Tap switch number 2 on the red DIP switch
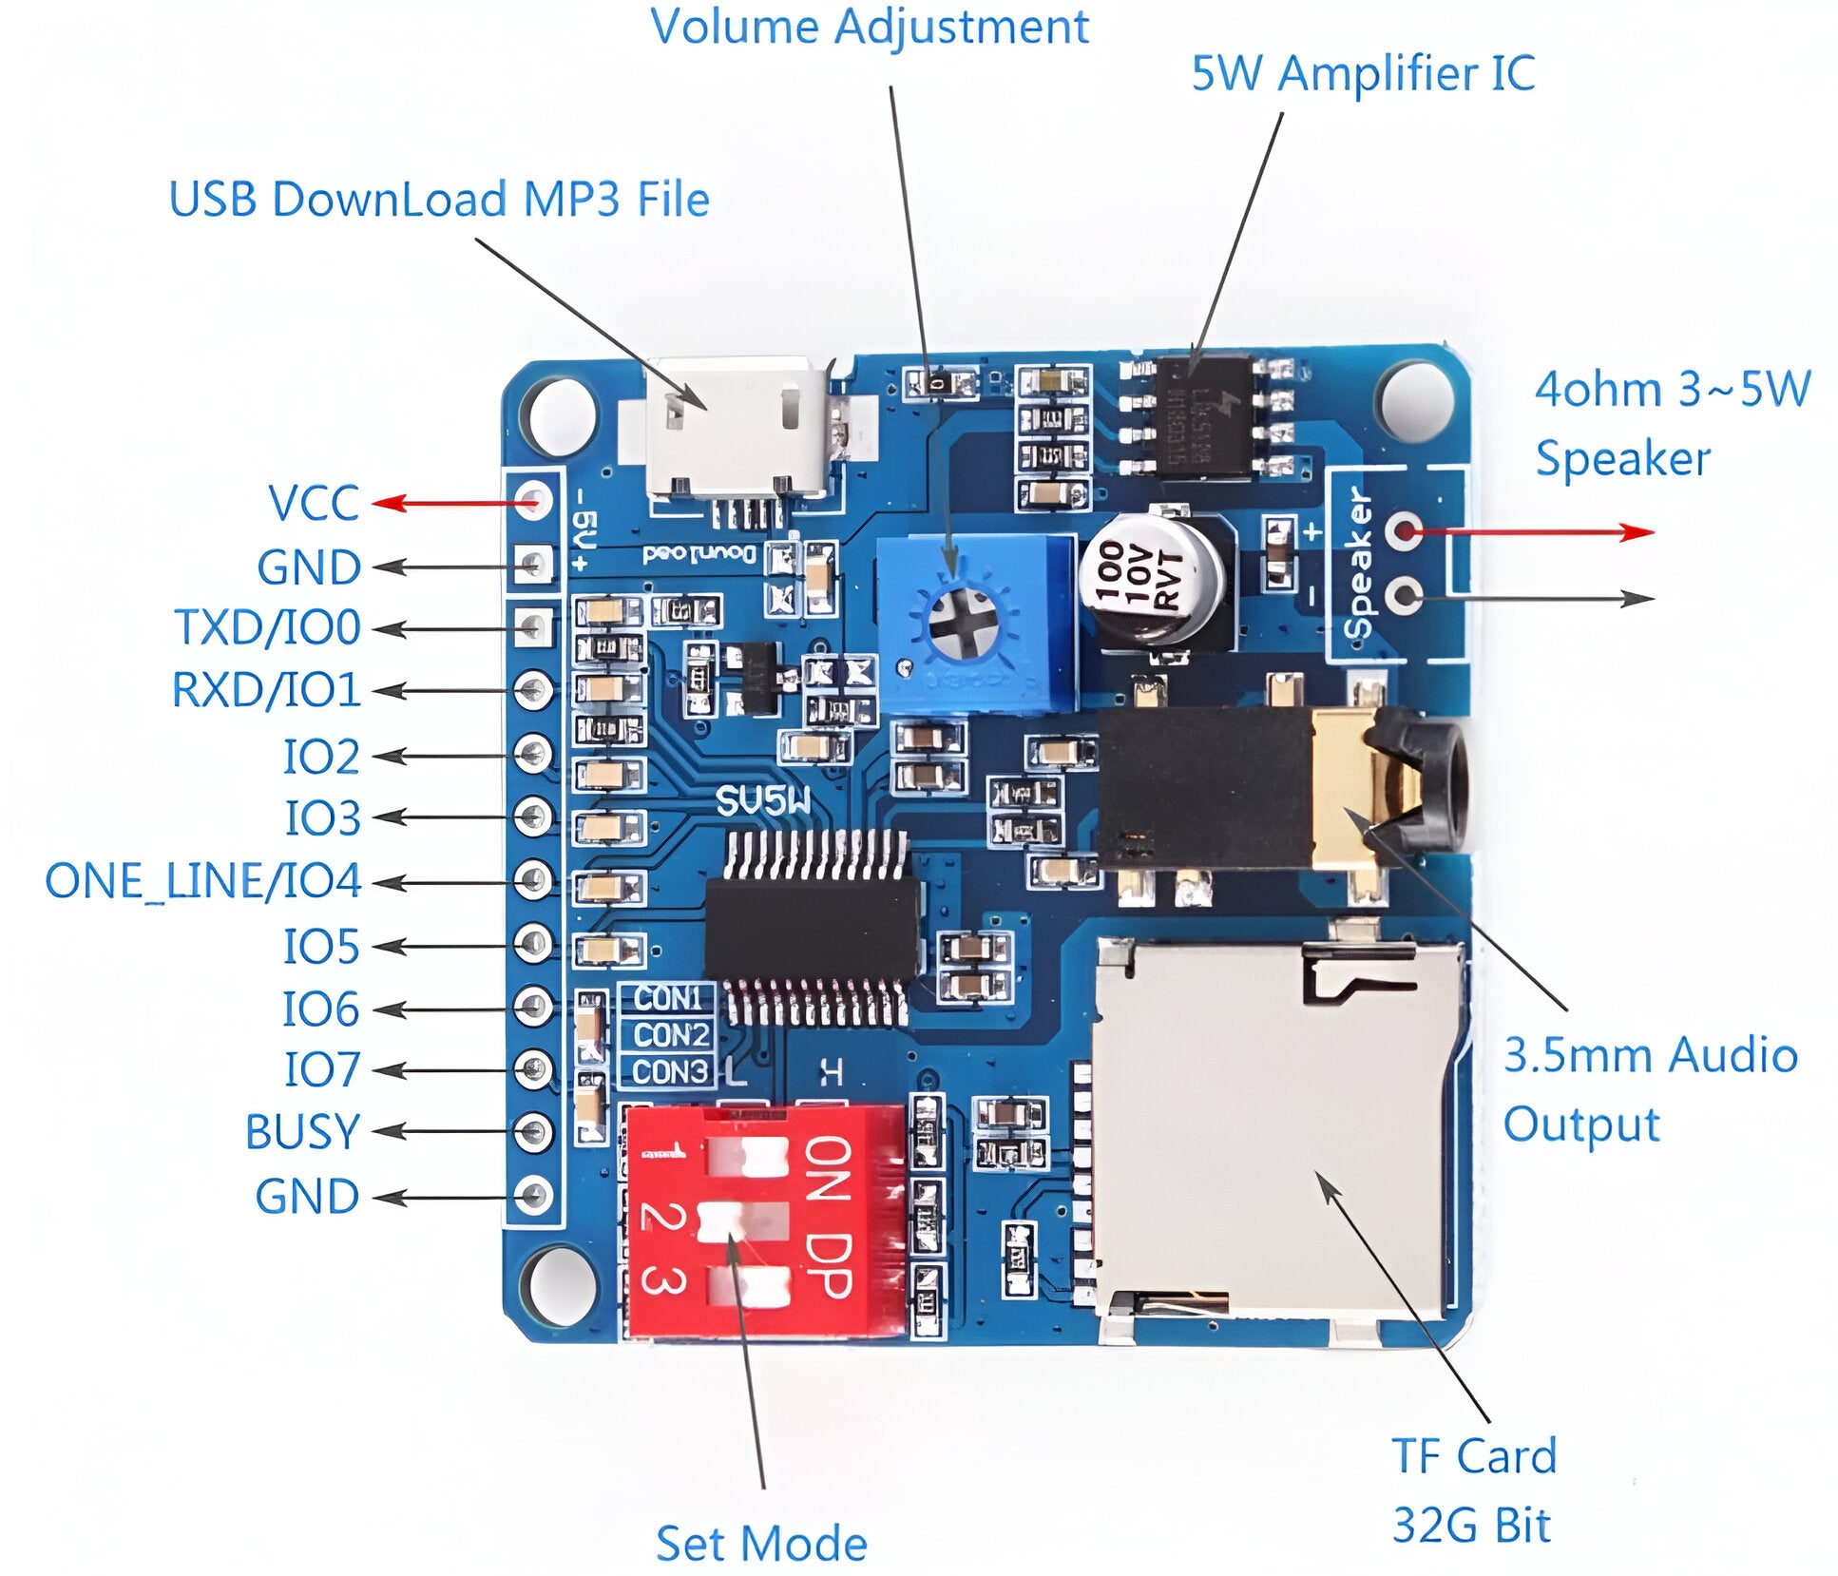tap(744, 1220)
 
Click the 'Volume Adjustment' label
tap(869, 27)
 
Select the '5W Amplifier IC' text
tap(1362, 74)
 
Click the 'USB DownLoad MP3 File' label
tap(439, 200)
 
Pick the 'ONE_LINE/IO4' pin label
tap(203, 880)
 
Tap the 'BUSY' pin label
tap(302, 1131)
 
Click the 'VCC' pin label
tap(314, 503)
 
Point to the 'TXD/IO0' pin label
tap(267, 627)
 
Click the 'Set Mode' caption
tap(761, 1543)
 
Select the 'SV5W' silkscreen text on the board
tap(764, 801)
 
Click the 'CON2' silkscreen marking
tap(672, 1034)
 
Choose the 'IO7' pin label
tap(322, 1069)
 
